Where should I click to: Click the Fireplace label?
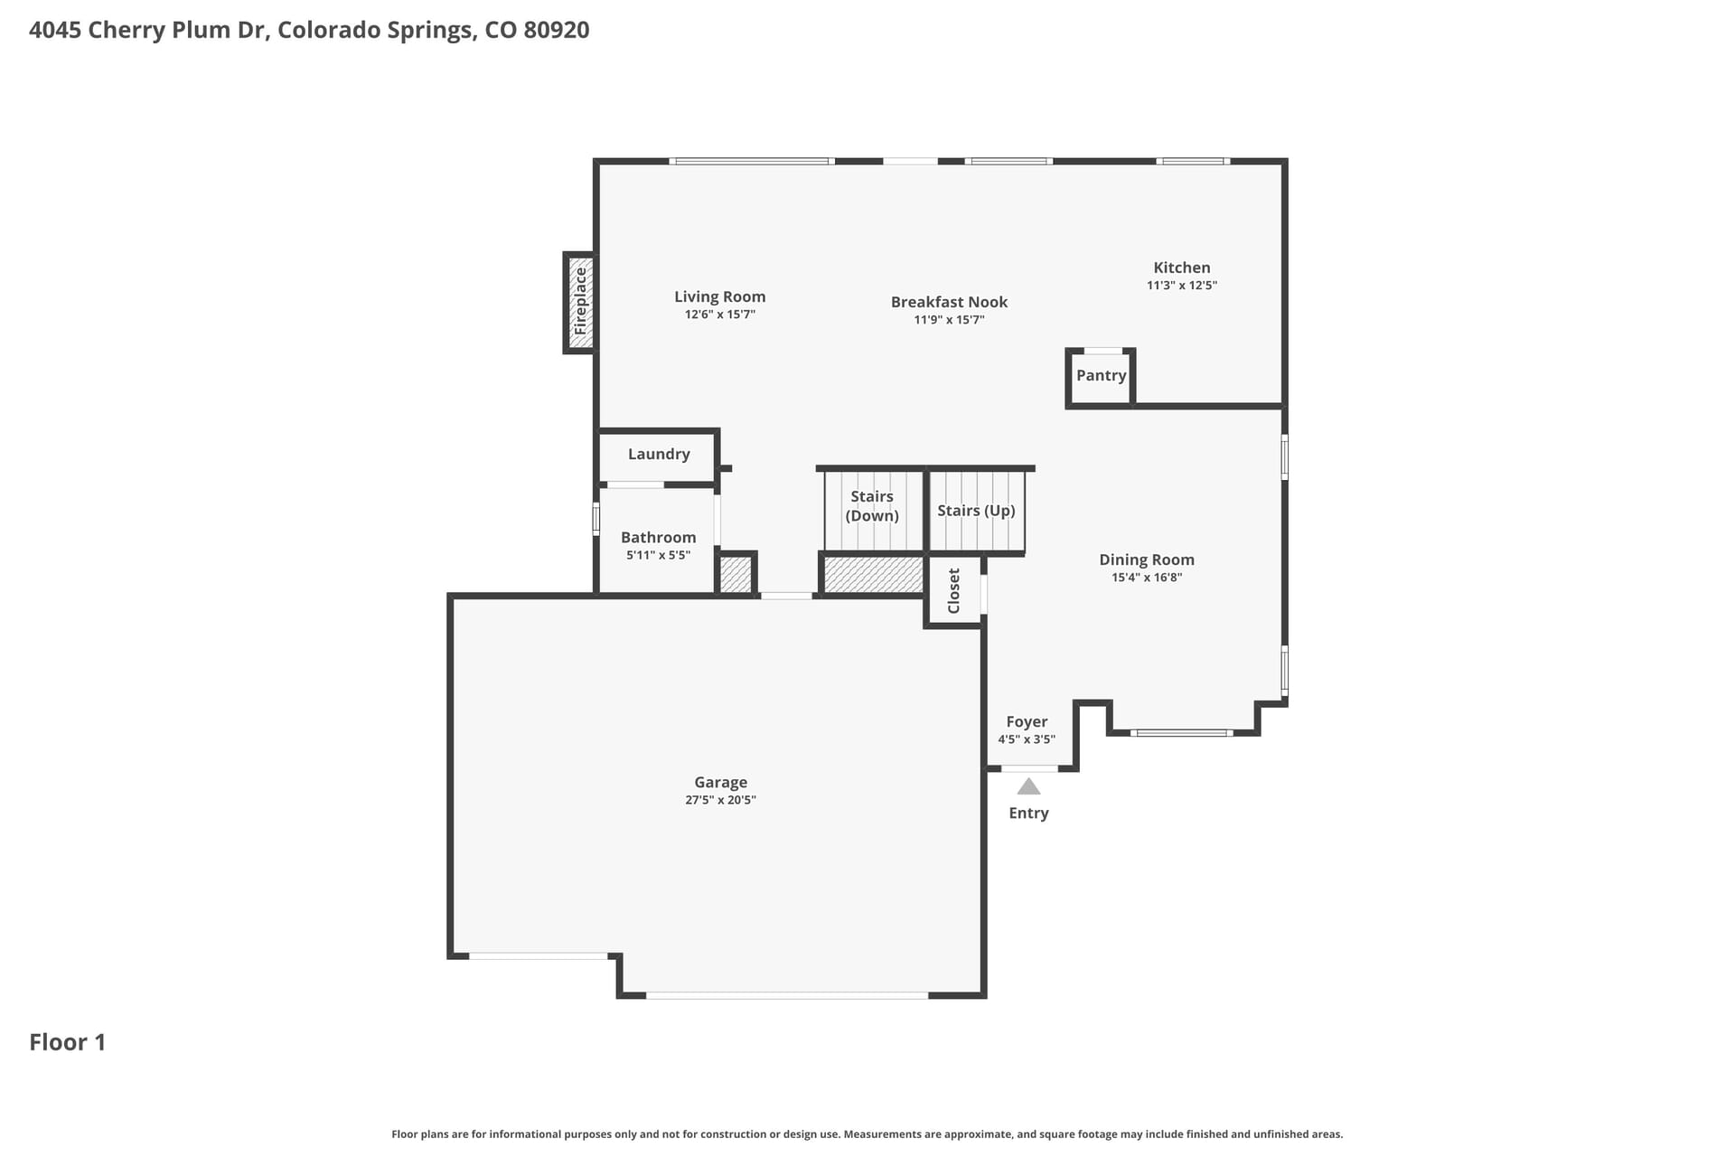[x=581, y=301]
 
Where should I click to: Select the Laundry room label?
[x=659, y=454]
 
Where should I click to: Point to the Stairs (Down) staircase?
[x=872, y=510]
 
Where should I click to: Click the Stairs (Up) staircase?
[x=977, y=511]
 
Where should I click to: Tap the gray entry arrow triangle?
[x=1028, y=786]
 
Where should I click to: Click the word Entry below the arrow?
[x=1028, y=814]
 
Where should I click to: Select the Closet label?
[x=954, y=590]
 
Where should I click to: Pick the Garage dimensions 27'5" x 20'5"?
[x=720, y=800]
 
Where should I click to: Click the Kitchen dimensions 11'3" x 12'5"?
[x=1182, y=286]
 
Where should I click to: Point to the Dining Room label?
[x=1147, y=560]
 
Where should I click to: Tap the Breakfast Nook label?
[x=949, y=302]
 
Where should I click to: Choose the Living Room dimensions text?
[x=720, y=315]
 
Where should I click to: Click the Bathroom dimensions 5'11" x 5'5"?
[x=658, y=555]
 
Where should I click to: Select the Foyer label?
[x=1027, y=722]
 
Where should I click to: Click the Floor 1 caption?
[x=68, y=1042]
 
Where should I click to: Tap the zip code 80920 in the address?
[x=557, y=30]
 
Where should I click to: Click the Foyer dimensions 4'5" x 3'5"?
[x=1027, y=739]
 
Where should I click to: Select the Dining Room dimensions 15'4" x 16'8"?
[x=1147, y=578]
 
